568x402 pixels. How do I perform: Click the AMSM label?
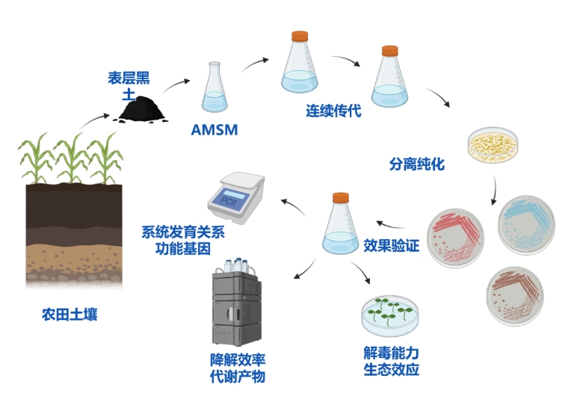tap(214, 130)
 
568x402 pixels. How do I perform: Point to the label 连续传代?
tap(333, 112)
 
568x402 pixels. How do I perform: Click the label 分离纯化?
tap(417, 164)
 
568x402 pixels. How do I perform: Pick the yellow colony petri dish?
tap(493, 145)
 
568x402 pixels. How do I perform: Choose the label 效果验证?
tap(391, 245)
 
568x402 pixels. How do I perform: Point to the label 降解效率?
tap(238, 359)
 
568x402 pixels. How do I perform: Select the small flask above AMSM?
tap(214, 89)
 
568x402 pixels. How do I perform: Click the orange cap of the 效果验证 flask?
tap(341, 198)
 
